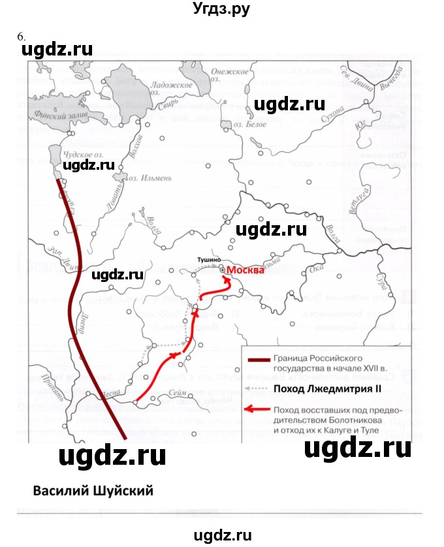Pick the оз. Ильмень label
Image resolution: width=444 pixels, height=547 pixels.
(150, 177)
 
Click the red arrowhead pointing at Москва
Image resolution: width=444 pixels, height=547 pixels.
(227, 279)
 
